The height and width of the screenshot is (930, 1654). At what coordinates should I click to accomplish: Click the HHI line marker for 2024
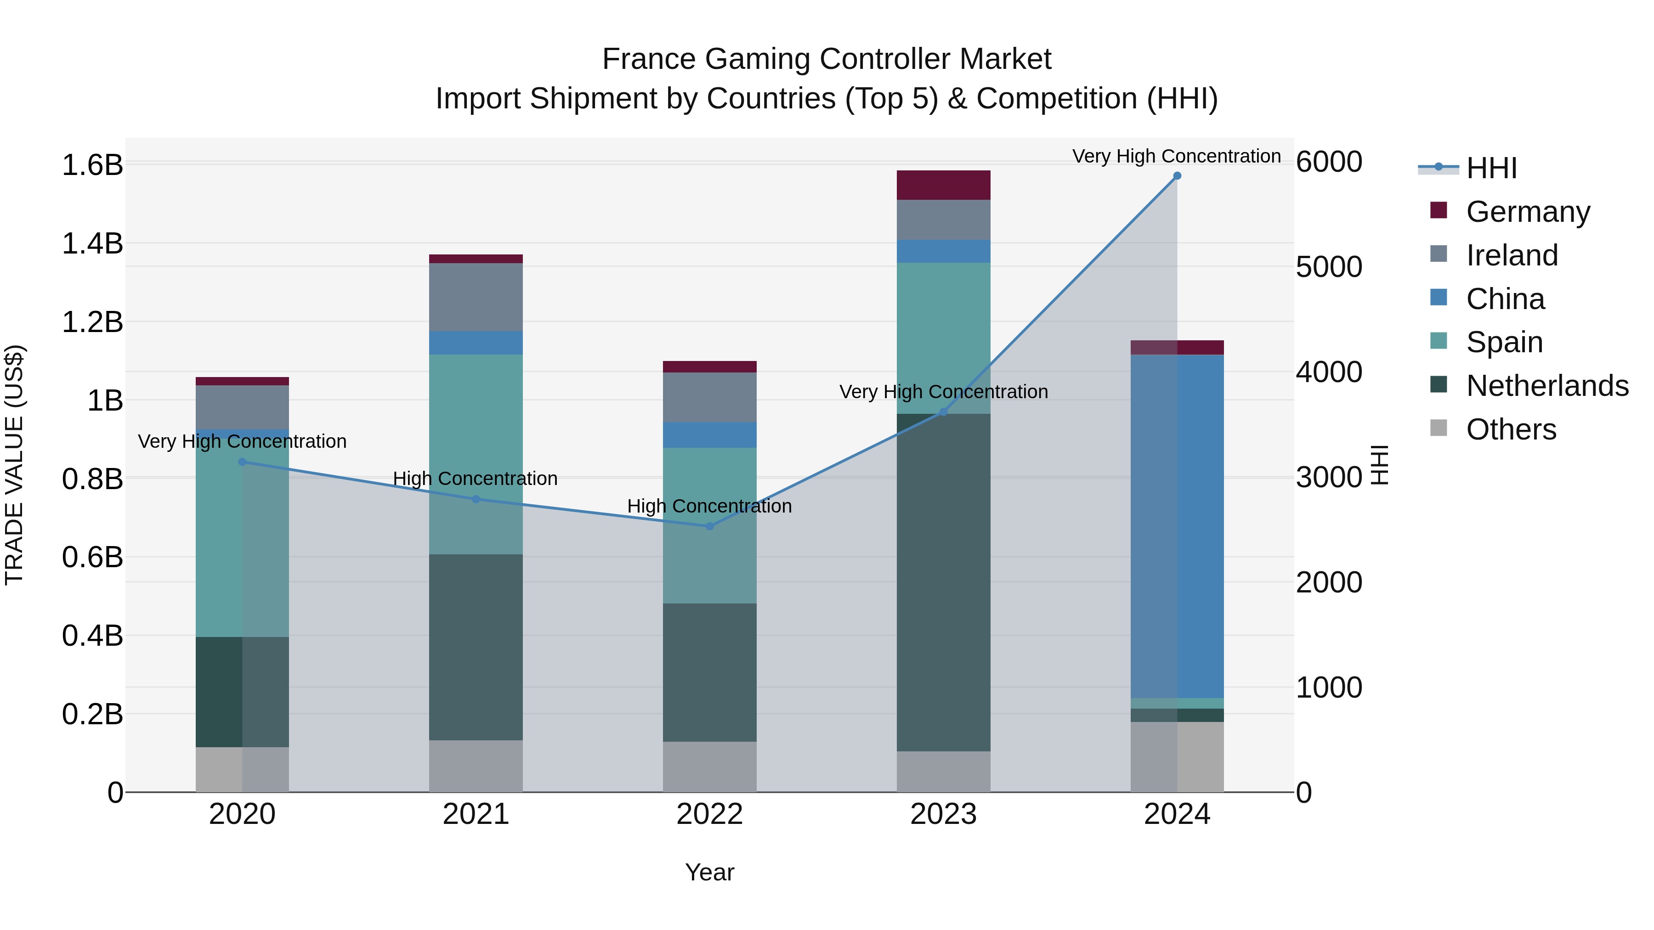click(1177, 176)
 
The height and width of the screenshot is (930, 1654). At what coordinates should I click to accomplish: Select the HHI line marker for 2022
click(709, 526)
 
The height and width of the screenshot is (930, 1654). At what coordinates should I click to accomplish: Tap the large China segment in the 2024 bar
click(1177, 526)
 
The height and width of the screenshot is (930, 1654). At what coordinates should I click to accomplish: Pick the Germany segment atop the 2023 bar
click(943, 185)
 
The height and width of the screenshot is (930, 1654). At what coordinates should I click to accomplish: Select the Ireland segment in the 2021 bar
click(476, 297)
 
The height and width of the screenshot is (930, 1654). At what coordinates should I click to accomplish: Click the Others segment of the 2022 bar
click(709, 767)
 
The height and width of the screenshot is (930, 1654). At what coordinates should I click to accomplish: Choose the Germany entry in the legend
click(1528, 212)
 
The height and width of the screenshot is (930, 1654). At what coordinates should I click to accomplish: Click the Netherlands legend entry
click(1547, 386)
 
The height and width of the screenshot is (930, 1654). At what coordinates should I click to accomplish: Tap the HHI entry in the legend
click(1491, 168)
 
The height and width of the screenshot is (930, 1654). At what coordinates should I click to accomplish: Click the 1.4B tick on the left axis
click(92, 244)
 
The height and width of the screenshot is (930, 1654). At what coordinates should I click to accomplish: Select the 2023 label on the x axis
click(943, 814)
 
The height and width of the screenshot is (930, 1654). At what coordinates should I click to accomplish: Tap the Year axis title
click(709, 872)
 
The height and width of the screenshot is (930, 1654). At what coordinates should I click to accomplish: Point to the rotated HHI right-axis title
click(1379, 465)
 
